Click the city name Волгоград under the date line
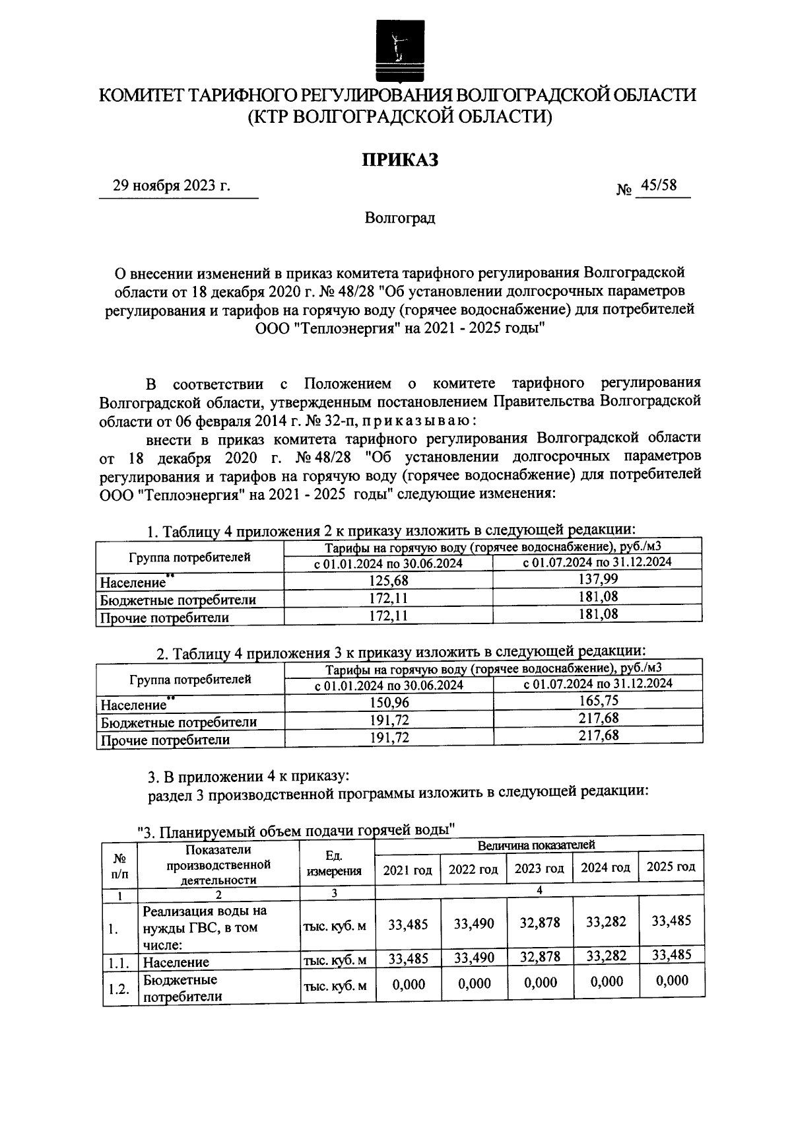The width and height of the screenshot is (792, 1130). point(400,217)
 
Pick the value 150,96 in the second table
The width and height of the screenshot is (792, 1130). point(389,703)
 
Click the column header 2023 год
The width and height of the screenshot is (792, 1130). point(540,868)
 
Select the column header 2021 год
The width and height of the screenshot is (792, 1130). point(407,870)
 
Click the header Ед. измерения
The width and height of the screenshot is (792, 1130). point(335,863)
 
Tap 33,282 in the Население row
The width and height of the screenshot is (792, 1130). point(606,954)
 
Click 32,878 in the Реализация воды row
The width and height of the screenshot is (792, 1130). point(540,922)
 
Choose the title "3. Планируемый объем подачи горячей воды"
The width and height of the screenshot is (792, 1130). point(296,831)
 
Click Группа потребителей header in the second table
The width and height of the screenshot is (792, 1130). point(190,679)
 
